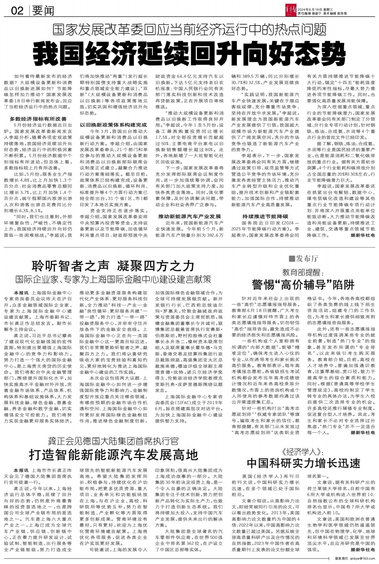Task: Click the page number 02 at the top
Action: [17, 10]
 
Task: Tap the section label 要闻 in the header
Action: [43, 10]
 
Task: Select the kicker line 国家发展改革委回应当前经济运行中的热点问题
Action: [189, 30]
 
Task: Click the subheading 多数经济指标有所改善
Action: [38, 119]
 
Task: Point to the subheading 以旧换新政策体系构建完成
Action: [113, 125]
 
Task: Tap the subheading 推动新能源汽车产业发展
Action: [189, 216]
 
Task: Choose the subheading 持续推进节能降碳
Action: [265, 216]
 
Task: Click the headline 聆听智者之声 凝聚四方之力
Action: [113, 266]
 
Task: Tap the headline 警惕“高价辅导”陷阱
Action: [303, 284]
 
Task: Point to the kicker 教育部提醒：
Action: [303, 273]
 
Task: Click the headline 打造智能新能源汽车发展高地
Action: [113, 455]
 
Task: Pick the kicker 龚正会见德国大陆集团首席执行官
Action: [113, 441]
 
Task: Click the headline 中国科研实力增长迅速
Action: [303, 463]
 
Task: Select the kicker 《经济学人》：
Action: [303, 452]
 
